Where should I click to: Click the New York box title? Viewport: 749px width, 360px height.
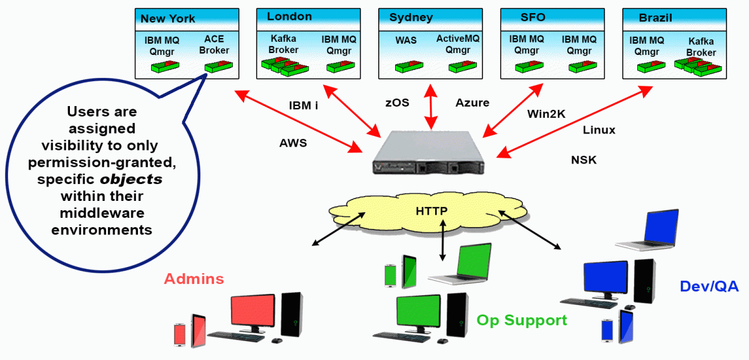point(167,19)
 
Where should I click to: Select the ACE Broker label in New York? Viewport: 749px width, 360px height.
point(214,45)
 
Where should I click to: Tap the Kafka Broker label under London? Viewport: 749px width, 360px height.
point(283,45)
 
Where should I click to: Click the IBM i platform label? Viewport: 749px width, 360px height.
point(303,105)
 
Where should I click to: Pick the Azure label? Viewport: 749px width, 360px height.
point(472,102)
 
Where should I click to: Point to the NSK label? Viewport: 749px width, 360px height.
point(584,160)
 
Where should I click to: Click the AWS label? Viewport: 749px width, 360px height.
point(293,143)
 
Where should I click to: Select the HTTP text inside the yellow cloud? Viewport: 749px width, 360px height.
point(431,211)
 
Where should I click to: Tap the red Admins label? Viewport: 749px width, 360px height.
point(193,278)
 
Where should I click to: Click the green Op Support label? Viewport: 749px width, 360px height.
point(522,320)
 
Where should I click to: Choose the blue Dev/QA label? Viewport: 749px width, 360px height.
point(708,286)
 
